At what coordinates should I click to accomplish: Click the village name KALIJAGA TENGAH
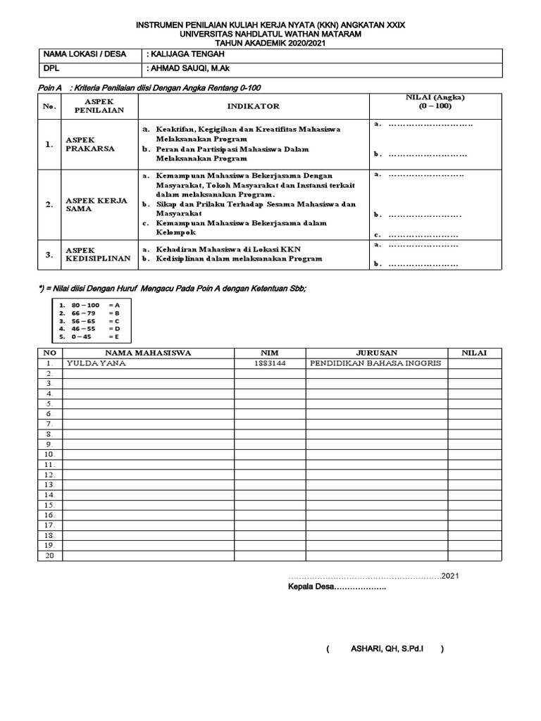[188, 54]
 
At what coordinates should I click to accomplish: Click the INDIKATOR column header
[253, 106]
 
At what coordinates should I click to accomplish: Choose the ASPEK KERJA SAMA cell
[97, 204]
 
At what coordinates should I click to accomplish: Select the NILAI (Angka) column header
[435, 102]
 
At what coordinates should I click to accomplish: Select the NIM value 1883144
[269, 363]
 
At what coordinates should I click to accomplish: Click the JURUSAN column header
[376, 352]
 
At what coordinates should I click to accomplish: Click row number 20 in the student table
[49, 556]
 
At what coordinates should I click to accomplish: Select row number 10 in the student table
[49, 454]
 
